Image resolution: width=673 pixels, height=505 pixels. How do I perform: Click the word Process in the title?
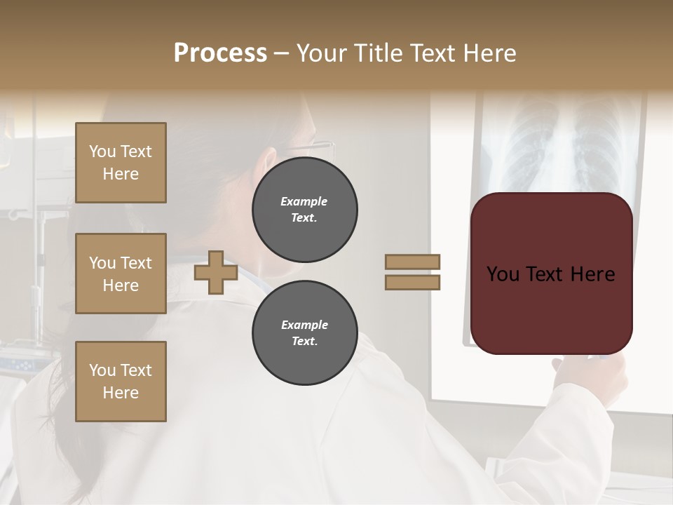[x=220, y=53]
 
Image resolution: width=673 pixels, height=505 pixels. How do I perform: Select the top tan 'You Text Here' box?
[x=121, y=163]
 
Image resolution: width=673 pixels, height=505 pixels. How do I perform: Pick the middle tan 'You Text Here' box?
[x=121, y=274]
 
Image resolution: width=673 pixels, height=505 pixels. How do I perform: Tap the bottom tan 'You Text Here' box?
[x=121, y=382]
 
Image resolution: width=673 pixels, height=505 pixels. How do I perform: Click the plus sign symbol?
[x=215, y=272]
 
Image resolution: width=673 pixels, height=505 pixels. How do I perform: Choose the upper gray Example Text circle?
[x=304, y=210]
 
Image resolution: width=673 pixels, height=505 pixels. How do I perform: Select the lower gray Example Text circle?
[x=304, y=333]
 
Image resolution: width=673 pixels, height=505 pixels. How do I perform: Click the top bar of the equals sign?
[x=413, y=262]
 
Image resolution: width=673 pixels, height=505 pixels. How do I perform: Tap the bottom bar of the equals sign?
[x=413, y=282]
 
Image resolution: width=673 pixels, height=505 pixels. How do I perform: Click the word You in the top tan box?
[x=102, y=151]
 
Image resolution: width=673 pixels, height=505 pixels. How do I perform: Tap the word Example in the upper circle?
[x=304, y=201]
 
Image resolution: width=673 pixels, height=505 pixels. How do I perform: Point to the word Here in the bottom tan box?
[x=121, y=393]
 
